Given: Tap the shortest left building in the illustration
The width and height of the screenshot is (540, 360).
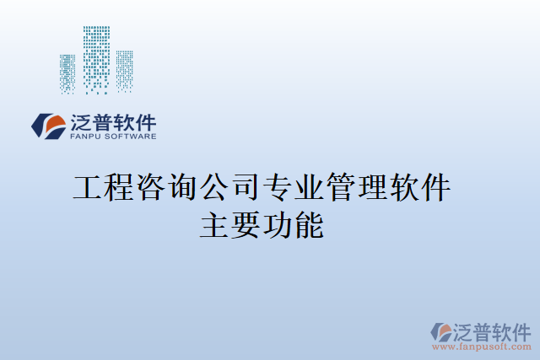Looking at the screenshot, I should click(67, 73).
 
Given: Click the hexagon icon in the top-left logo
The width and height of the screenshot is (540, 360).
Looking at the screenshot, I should click(49, 126).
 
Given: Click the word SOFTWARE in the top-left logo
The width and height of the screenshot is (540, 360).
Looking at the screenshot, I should click(129, 136).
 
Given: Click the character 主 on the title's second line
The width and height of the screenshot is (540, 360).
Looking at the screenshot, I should click(214, 225).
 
